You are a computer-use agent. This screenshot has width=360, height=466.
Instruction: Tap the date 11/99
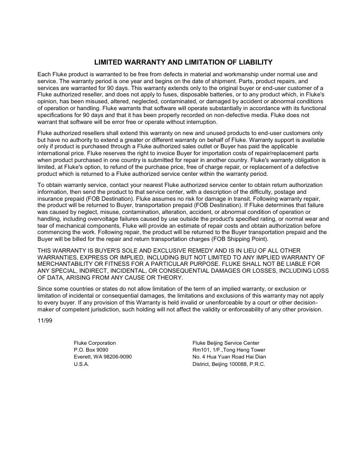pyautogui.click(x=45, y=320)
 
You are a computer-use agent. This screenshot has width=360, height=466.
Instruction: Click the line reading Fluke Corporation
pyautogui.click(x=95, y=343)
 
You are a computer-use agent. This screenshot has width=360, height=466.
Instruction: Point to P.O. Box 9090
pyautogui.click(x=91, y=350)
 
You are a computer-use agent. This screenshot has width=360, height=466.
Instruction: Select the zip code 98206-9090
pyautogui.click(x=117, y=357)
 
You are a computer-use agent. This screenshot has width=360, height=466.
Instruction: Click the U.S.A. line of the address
pyautogui.click(x=82, y=364)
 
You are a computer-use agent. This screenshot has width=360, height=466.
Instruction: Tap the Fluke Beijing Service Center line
pyautogui.click(x=226, y=343)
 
